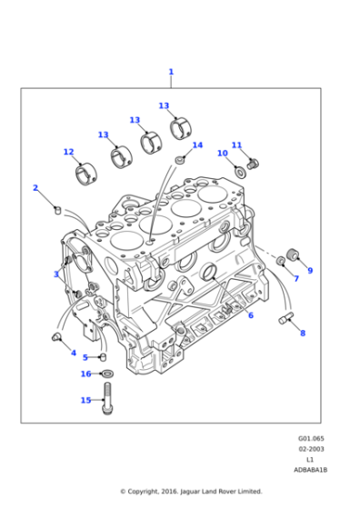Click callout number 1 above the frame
coord(171,72)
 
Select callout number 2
coord(35,188)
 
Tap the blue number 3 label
coord(55,274)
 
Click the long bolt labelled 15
coord(107,396)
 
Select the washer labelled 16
coord(107,373)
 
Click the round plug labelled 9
coord(293,252)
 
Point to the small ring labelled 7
coord(281,262)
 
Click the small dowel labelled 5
coord(103,356)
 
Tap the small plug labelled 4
coord(56,337)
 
